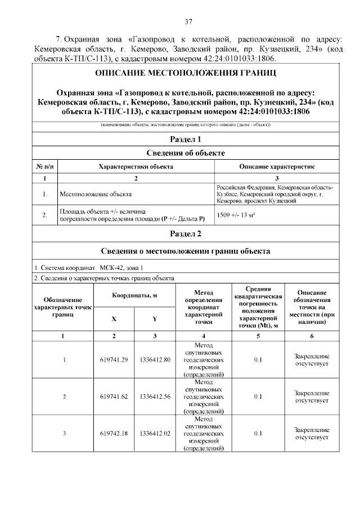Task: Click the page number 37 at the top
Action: (x=189, y=22)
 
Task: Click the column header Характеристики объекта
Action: (x=136, y=167)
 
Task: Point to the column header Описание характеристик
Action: (x=277, y=167)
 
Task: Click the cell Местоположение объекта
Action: (x=96, y=194)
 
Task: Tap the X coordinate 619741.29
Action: (x=114, y=359)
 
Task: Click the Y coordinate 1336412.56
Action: (x=155, y=397)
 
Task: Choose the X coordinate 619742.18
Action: (x=114, y=433)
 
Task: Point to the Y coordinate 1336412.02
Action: (x=155, y=433)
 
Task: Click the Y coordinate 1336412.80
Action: (x=155, y=359)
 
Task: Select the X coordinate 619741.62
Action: (x=114, y=397)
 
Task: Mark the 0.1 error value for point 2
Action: (x=258, y=397)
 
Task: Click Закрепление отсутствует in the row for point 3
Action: (x=311, y=433)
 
